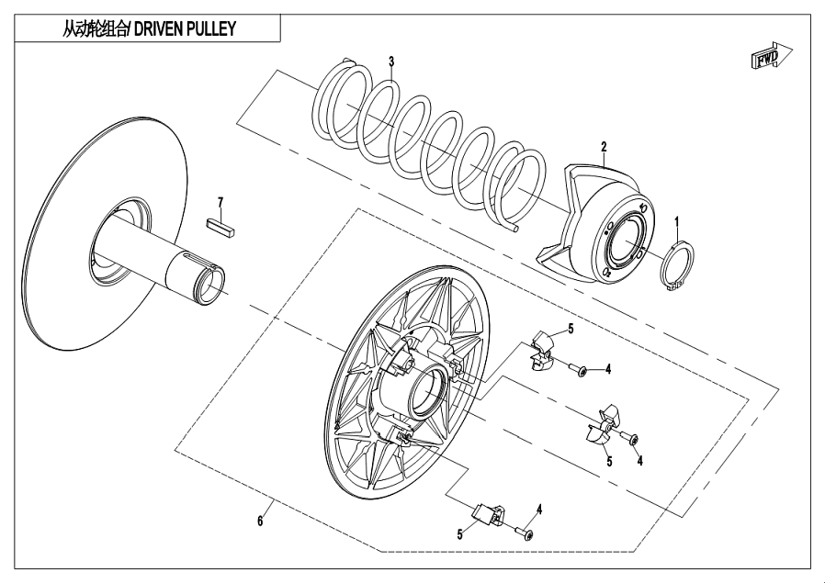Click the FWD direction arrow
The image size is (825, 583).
[x=771, y=55]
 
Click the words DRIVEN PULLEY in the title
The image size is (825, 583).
[x=186, y=28]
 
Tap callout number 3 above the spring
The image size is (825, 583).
[x=391, y=62]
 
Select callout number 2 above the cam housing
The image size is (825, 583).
[x=604, y=147]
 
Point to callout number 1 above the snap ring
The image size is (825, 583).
[x=678, y=222]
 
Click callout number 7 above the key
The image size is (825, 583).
[x=221, y=202]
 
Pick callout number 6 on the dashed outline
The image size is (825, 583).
[x=260, y=521]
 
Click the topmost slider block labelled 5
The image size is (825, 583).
[x=542, y=350]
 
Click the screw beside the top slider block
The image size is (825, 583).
[x=578, y=370]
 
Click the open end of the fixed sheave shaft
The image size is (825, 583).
[x=212, y=281]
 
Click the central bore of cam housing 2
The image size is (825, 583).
[x=626, y=241]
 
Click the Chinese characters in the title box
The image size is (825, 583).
[x=95, y=28]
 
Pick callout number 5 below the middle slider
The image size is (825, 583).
[x=609, y=462]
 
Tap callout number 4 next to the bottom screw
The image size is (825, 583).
[x=539, y=510]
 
